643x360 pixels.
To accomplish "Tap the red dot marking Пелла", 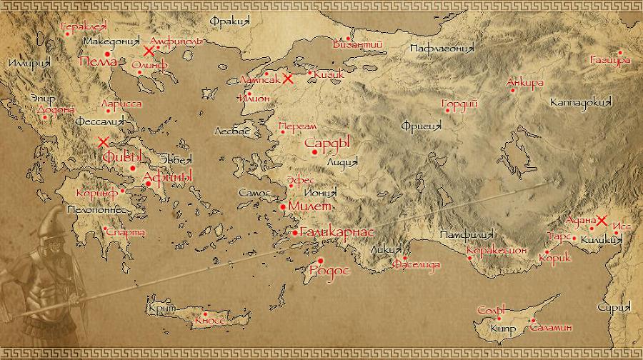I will [x=107, y=54].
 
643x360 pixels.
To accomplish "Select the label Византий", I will [x=358, y=44].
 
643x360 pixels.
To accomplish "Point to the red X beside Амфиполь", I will [x=149, y=51].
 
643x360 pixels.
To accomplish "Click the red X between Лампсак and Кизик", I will [x=287, y=79].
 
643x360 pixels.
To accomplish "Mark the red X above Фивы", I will [x=104, y=142].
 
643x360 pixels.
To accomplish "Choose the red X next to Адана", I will [x=602, y=221].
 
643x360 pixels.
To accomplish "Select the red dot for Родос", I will [x=321, y=260].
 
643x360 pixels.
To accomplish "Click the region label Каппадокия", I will [x=581, y=103].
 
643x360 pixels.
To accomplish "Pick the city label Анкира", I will [x=524, y=82].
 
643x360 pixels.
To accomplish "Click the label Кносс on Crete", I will [x=210, y=321].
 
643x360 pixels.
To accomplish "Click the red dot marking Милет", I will [x=283, y=206].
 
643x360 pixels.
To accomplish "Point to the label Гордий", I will [x=460, y=104].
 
